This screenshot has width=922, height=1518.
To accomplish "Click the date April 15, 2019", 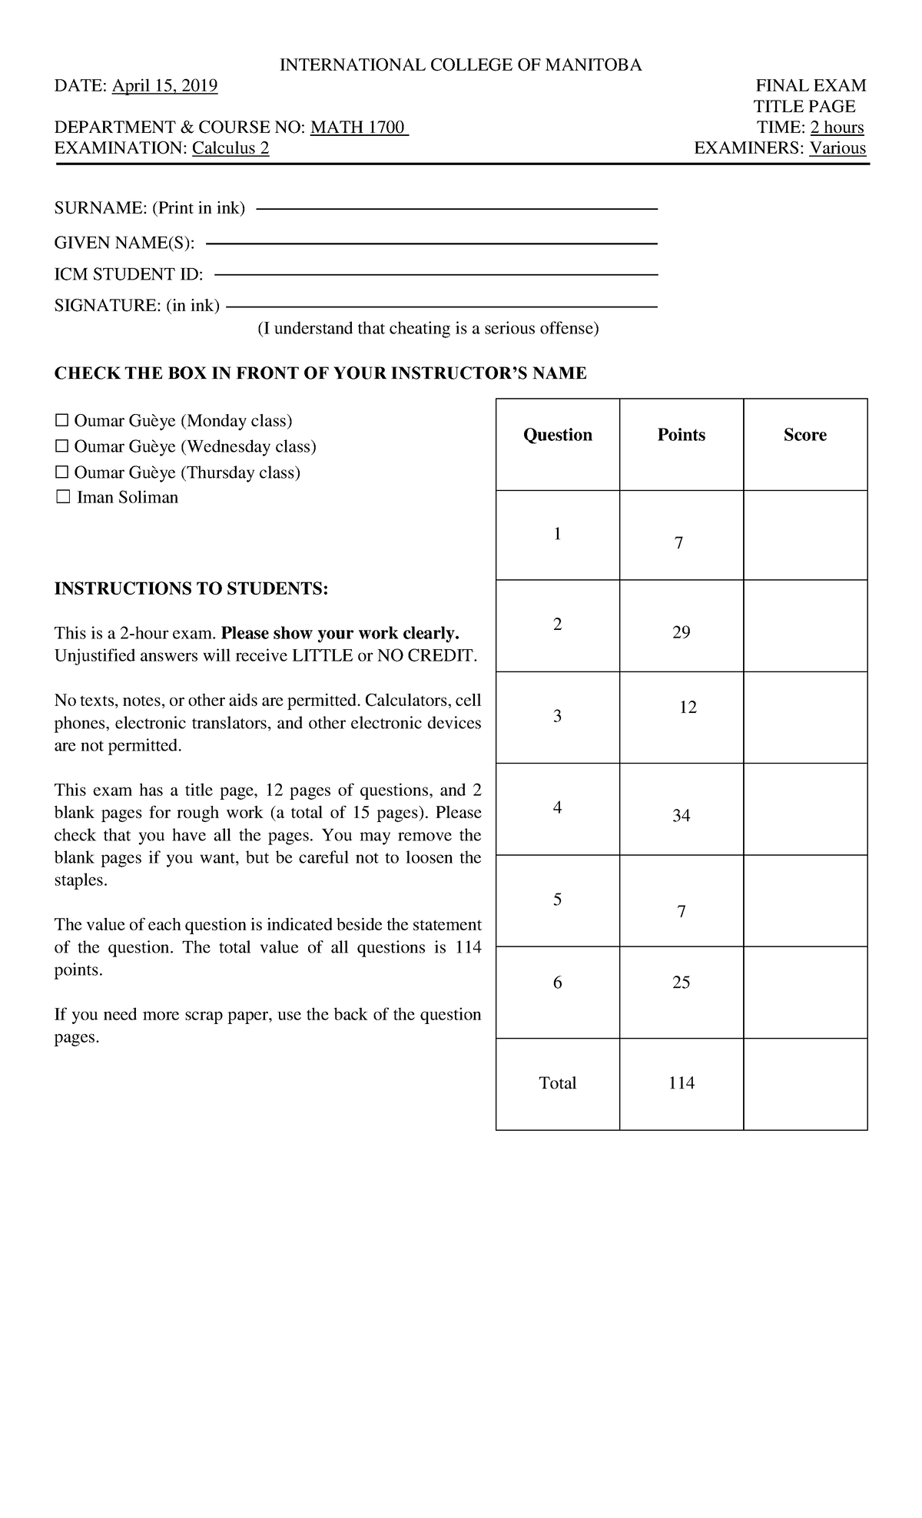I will point(164,86).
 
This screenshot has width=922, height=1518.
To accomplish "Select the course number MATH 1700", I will point(359,128).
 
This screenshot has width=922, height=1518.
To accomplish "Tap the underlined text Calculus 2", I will point(230,148).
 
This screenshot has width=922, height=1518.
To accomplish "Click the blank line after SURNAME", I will point(456,208).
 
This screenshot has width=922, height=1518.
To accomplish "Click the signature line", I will point(441,307).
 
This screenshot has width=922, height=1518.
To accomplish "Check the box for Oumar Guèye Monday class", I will point(61,421).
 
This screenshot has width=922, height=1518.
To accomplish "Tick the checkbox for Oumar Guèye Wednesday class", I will point(61,446).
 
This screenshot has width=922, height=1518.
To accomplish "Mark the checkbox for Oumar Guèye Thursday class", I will point(61,472).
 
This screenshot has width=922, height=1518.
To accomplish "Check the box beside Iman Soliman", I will point(62,498).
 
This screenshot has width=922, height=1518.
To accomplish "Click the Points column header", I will point(681,435).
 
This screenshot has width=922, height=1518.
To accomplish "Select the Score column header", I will point(804,435).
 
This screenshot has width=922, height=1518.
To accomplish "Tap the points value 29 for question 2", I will point(681,632).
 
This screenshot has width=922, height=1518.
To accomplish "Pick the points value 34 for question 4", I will point(681,816).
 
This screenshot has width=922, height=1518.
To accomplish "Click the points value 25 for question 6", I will point(681,983).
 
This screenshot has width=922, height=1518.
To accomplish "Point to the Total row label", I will point(557,1083).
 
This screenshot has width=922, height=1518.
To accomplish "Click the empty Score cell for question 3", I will point(805,717).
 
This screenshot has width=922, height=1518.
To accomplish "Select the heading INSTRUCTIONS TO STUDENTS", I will point(191,589).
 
